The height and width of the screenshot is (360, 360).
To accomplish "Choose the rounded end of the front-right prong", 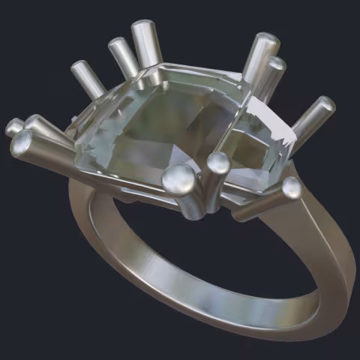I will (292, 187).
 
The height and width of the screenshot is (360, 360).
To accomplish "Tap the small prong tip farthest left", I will (13, 127).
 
